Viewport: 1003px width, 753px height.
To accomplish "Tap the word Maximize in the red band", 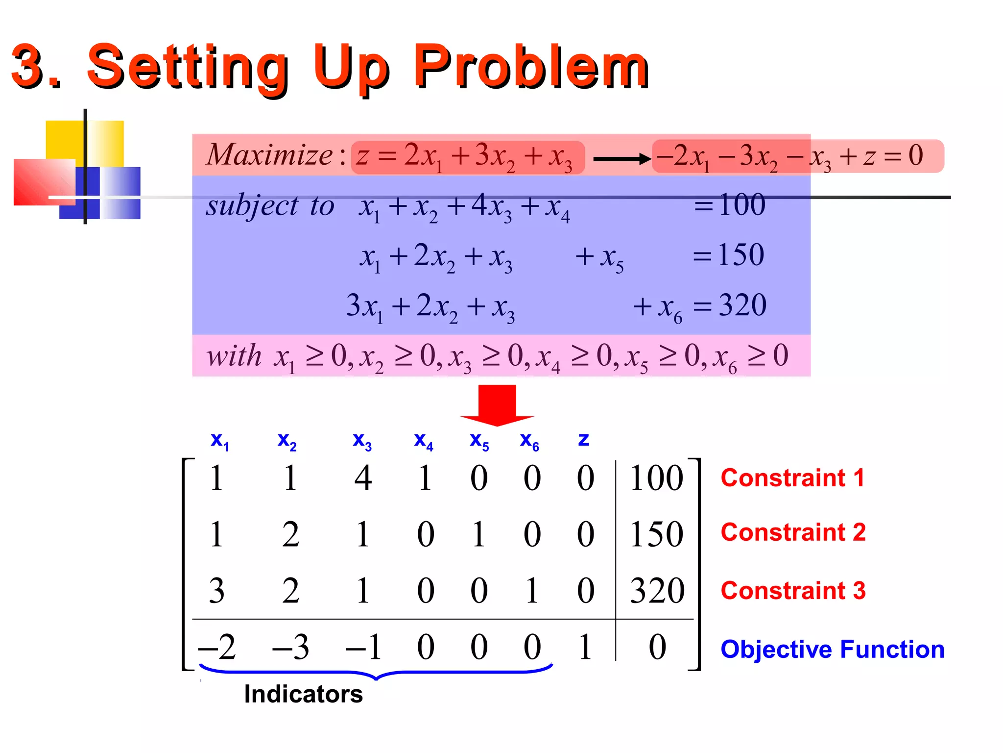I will pyautogui.click(x=269, y=155).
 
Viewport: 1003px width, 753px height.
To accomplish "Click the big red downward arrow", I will pyautogui.click(x=497, y=404).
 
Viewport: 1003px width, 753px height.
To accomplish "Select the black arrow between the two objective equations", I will pyautogui.click(x=621, y=159).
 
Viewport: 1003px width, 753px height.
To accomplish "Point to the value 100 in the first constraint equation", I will pyautogui.click(x=741, y=205).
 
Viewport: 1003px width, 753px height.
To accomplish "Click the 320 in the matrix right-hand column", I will pyautogui.click(x=657, y=590).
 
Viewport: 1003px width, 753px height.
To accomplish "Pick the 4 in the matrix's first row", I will pyautogui.click(x=363, y=478).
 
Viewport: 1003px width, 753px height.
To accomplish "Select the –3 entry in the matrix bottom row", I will pyautogui.click(x=291, y=647).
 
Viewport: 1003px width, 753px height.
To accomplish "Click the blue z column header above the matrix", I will pyautogui.click(x=583, y=439).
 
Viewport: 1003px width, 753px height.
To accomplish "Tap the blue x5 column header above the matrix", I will pyautogui.click(x=479, y=441).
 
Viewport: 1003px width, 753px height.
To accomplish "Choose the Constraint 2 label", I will pyautogui.click(x=793, y=532).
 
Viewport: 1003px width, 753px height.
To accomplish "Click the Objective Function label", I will pyautogui.click(x=832, y=649).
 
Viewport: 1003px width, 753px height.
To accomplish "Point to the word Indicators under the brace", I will pyautogui.click(x=303, y=694).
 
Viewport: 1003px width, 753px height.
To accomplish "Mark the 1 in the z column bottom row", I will pyautogui.click(x=585, y=647).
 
